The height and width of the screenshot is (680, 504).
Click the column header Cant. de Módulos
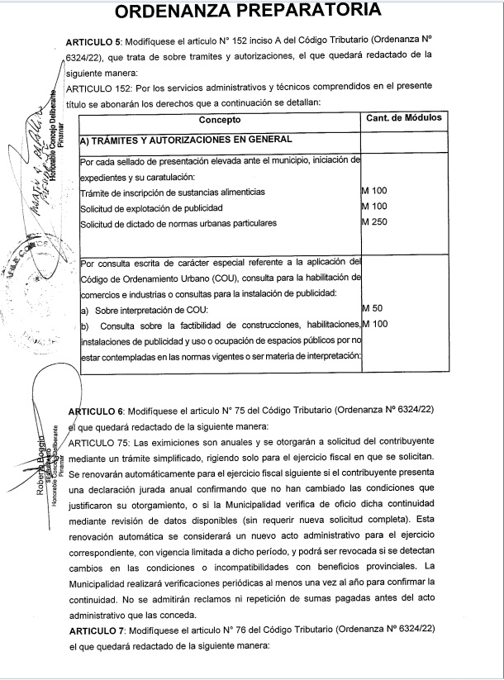(x=403, y=118)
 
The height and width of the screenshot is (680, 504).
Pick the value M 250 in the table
(x=376, y=222)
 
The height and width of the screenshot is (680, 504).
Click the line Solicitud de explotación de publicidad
(x=151, y=207)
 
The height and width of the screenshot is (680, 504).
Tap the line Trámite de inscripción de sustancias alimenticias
(x=173, y=192)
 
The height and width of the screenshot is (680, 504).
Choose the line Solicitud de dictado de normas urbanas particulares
(x=178, y=223)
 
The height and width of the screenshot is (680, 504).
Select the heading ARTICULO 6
(x=95, y=410)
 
